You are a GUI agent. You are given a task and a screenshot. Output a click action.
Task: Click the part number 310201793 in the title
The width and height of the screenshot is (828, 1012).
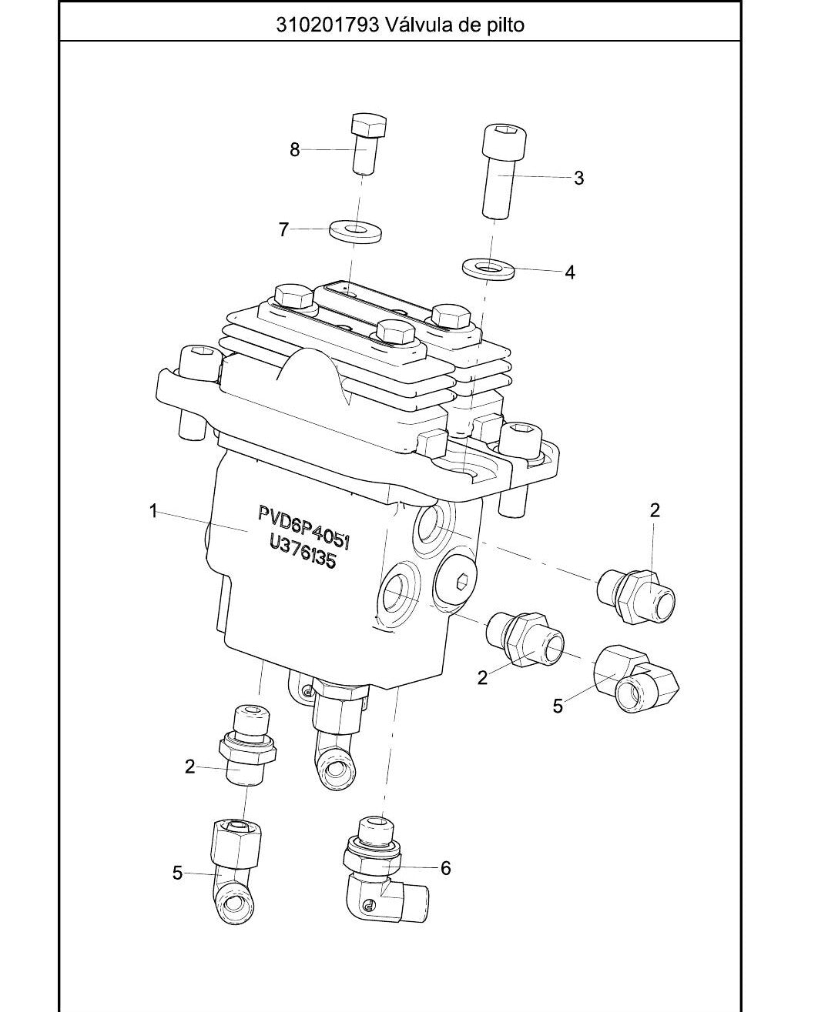coord(327,24)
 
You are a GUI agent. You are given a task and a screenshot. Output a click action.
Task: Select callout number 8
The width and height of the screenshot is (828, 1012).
coord(294,150)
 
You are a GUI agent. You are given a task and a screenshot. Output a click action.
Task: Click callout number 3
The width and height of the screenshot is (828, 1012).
coord(578,178)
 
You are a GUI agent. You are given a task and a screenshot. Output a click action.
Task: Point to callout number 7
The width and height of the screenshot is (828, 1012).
coord(284,230)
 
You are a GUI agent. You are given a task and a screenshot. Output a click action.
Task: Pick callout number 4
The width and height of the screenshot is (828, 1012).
coord(570,272)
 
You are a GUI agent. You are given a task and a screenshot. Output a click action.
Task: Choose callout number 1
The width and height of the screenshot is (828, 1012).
coord(153,512)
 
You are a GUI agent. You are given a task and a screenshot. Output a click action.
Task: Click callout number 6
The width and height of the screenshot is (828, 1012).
coord(446,867)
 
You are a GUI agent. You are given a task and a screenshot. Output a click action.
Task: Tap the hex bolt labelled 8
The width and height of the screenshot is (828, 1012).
coord(368,145)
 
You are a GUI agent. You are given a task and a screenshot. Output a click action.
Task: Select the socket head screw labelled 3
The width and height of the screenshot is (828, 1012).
coord(504,172)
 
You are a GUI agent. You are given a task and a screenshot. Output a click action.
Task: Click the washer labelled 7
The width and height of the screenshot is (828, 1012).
coord(355,231)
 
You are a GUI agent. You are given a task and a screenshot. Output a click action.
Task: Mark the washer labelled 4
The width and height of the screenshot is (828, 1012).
coord(488,268)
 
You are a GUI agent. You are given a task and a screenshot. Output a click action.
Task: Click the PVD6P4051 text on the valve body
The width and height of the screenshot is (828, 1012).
coord(304,527)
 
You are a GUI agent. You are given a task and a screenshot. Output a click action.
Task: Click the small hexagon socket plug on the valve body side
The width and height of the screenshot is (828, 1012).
coord(464,582)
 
